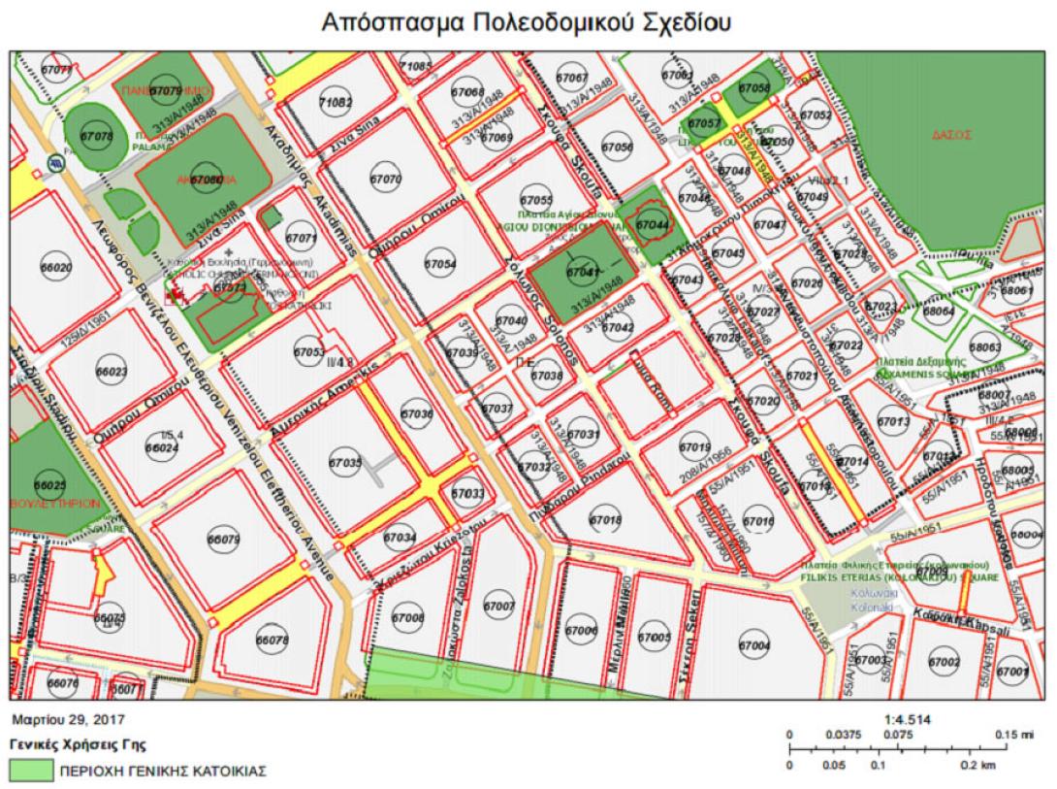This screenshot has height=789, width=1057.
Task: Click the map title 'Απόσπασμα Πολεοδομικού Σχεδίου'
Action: pyautogui.click(x=528, y=22)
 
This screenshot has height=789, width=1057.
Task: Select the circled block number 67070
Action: pyautogui.click(x=385, y=180)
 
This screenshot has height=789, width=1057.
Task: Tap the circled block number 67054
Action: pyautogui.click(x=440, y=264)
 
